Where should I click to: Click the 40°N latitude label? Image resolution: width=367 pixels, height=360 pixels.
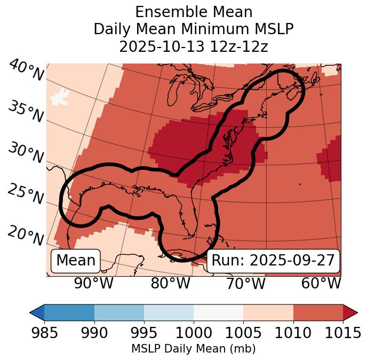tap(26, 70)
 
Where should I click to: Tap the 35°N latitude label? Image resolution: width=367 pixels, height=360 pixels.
tap(26, 111)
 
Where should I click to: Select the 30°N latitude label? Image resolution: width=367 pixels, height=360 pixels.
tap(26, 153)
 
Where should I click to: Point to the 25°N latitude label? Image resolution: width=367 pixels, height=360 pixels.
tap(26, 194)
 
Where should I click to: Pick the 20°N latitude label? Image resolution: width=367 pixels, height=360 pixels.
tap(26, 235)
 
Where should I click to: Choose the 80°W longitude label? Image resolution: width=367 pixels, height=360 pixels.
tap(170, 284)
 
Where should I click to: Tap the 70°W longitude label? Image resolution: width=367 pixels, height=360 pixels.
tap(245, 284)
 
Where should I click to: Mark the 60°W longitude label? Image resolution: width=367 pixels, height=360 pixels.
tap(321, 284)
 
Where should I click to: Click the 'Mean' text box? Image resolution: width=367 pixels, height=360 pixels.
tap(76, 261)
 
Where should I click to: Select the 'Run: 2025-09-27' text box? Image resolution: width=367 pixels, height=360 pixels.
tap(273, 261)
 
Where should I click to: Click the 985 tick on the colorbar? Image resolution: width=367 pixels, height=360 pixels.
tap(44, 333)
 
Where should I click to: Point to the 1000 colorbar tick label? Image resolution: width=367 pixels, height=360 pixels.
tap(194, 333)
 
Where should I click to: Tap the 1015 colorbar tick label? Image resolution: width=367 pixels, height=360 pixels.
tap(343, 333)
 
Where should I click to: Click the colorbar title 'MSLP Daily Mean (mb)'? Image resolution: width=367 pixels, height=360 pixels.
tap(194, 349)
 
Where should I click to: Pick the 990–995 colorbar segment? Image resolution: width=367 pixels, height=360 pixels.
tap(119, 312)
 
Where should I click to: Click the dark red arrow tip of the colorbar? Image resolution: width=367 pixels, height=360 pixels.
tap(351, 312)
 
